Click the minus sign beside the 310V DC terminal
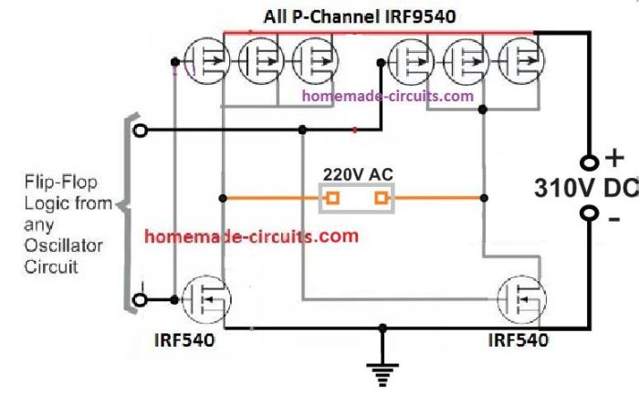[x=613, y=219]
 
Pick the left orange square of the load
[x=334, y=197]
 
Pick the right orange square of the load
[x=380, y=197]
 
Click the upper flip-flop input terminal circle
[x=139, y=131]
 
